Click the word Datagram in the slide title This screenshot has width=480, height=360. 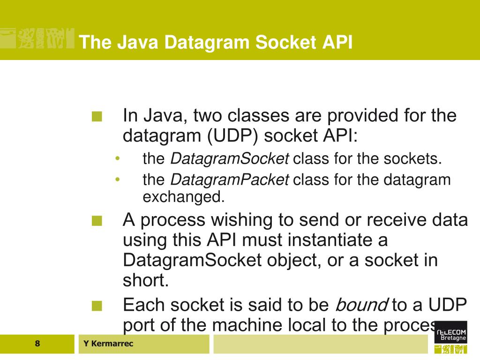202,43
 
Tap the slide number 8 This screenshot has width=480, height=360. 37,344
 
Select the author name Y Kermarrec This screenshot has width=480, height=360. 108,344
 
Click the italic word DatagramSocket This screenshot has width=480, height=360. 229,159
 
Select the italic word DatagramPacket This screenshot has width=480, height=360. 229,179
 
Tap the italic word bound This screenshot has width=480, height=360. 360,305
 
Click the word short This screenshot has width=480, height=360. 145,280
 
